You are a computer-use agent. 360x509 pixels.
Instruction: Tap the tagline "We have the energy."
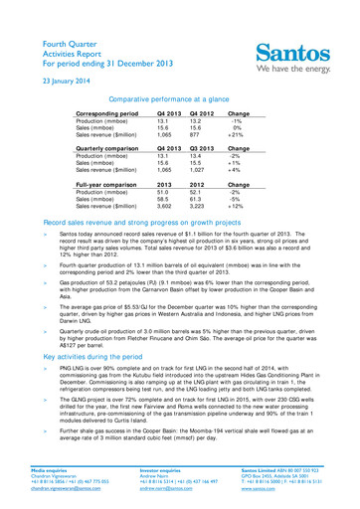pyautogui.click(x=297, y=69)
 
